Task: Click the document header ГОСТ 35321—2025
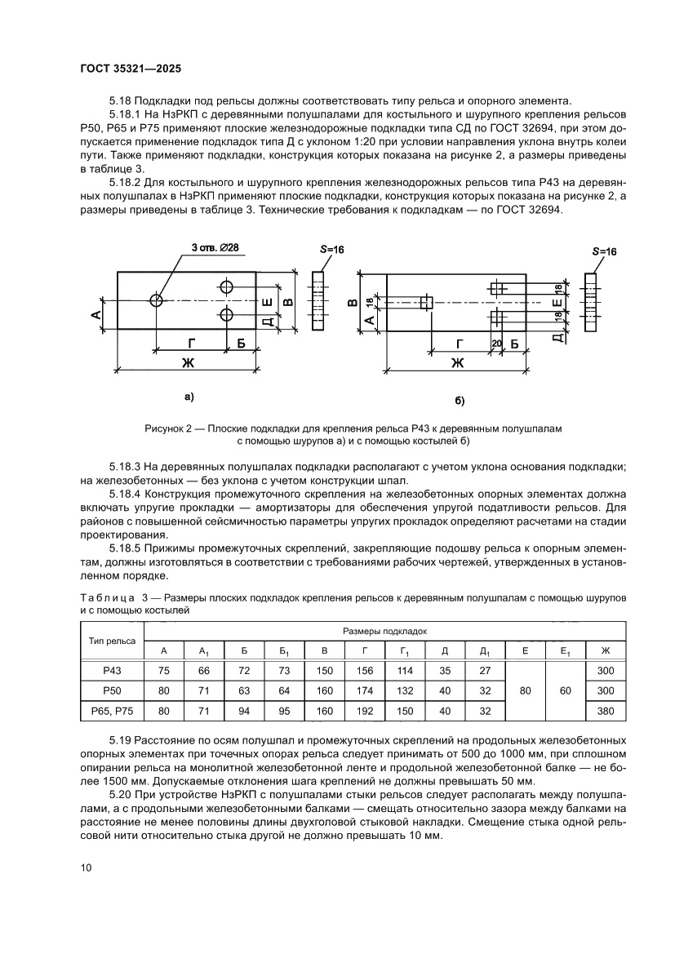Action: tap(135, 70)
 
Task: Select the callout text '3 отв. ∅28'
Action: tap(215, 247)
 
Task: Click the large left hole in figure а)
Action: tap(157, 300)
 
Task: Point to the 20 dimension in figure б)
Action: tap(496, 344)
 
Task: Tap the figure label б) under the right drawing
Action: tap(460, 401)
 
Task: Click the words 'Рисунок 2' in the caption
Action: tap(171, 428)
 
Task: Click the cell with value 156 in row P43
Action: tap(365, 670)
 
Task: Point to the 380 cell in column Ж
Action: tap(605, 711)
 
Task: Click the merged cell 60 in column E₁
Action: tap(565, 690)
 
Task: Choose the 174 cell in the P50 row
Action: tap(365, 690)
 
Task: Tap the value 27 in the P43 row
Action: tap(485, 670)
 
